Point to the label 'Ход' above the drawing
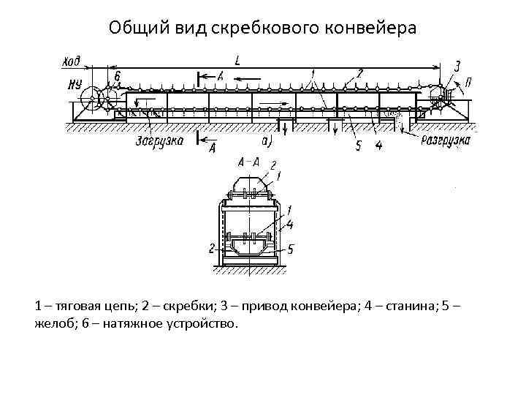coord(72,61)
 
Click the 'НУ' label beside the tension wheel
coord(73,84)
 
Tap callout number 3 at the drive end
coord(457,66)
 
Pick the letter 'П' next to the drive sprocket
coord(468,83)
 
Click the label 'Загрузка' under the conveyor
coord(159,141)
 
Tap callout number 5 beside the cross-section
coord(290,249)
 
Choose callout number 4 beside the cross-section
coord(290,224)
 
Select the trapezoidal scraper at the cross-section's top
coord(252,183)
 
